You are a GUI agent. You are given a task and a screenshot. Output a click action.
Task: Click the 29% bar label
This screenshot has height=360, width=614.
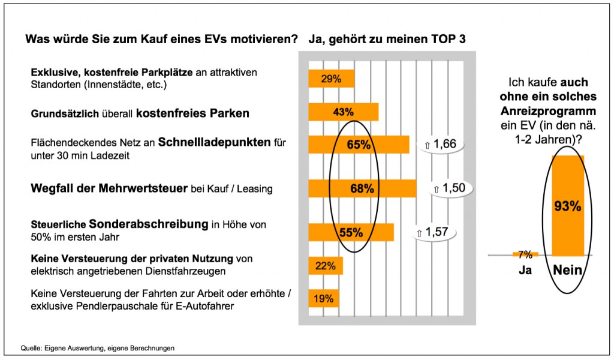[x=331, y=79]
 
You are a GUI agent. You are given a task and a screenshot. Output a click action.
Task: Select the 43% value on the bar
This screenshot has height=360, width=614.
[x=344, y=112]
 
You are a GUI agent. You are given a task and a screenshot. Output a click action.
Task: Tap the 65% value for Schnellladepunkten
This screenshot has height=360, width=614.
[x=359, y=145]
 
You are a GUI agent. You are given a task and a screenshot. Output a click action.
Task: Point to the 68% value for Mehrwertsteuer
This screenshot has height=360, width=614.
[x=362, y=188]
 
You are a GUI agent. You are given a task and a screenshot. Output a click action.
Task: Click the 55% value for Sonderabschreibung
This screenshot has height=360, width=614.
[x=351, y=232]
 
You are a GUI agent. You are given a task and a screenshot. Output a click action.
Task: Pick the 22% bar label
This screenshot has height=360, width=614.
[x=325, y=266]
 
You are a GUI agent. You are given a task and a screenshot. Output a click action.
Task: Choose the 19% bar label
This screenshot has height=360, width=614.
[x=323, y=298]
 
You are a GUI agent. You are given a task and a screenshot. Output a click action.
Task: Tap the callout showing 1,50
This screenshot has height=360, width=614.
[x=449, y=188]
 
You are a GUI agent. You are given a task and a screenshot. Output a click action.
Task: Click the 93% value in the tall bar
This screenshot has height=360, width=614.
[x=567, y=206]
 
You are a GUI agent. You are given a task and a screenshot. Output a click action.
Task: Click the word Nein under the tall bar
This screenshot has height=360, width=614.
[x=567, y=271]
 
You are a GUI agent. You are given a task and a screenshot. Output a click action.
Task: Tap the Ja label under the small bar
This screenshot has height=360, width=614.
[x=525, y=271]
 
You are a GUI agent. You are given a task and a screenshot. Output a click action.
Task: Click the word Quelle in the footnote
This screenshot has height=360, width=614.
[x=31, y=347]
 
